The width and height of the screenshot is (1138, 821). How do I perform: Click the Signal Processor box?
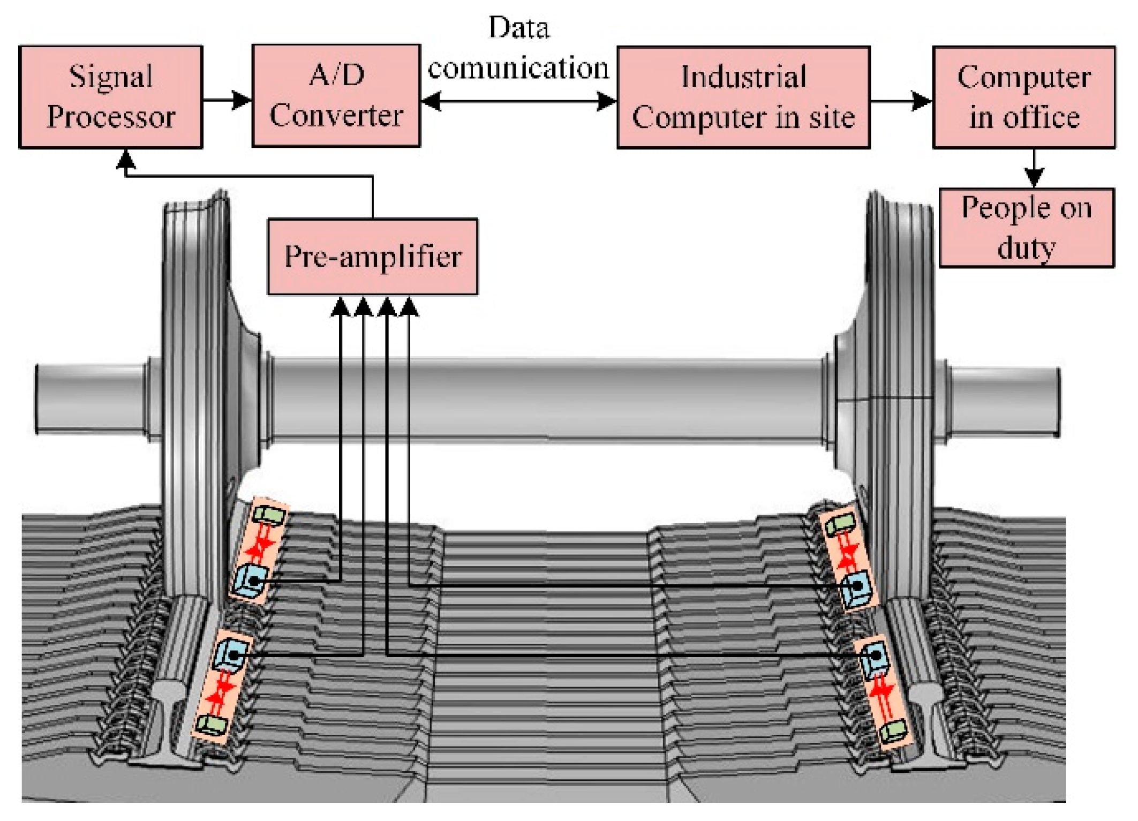tap(111, 97)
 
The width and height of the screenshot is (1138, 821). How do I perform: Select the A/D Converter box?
tap(336, 96)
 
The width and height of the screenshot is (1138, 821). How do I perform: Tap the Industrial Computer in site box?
tap(743, 97)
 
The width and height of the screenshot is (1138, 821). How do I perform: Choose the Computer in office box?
tap(1023, 97)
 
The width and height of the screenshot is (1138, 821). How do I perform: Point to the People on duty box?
tap(1026, 228)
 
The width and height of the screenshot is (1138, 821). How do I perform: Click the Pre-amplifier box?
tap(373, 257)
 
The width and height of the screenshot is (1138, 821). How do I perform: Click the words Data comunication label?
tap(518, 48)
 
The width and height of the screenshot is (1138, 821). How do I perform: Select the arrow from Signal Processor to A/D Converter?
tap(228, 100)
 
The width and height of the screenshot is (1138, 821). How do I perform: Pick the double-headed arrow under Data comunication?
tap(518, 101)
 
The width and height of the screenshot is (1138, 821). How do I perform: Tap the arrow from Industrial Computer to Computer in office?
tap(901, 100)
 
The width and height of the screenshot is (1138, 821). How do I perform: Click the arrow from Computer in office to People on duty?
tap(1034, 168)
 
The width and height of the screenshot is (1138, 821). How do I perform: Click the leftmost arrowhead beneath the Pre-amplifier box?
tap(341, 307)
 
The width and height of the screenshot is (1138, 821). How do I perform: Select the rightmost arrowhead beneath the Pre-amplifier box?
tap(409, 307)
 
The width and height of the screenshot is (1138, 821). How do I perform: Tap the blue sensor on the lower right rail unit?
tap(875, 657)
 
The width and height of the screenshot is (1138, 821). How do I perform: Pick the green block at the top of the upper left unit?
tap(269, 515)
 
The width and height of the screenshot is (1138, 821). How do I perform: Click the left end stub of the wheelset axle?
tap(88, 398)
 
